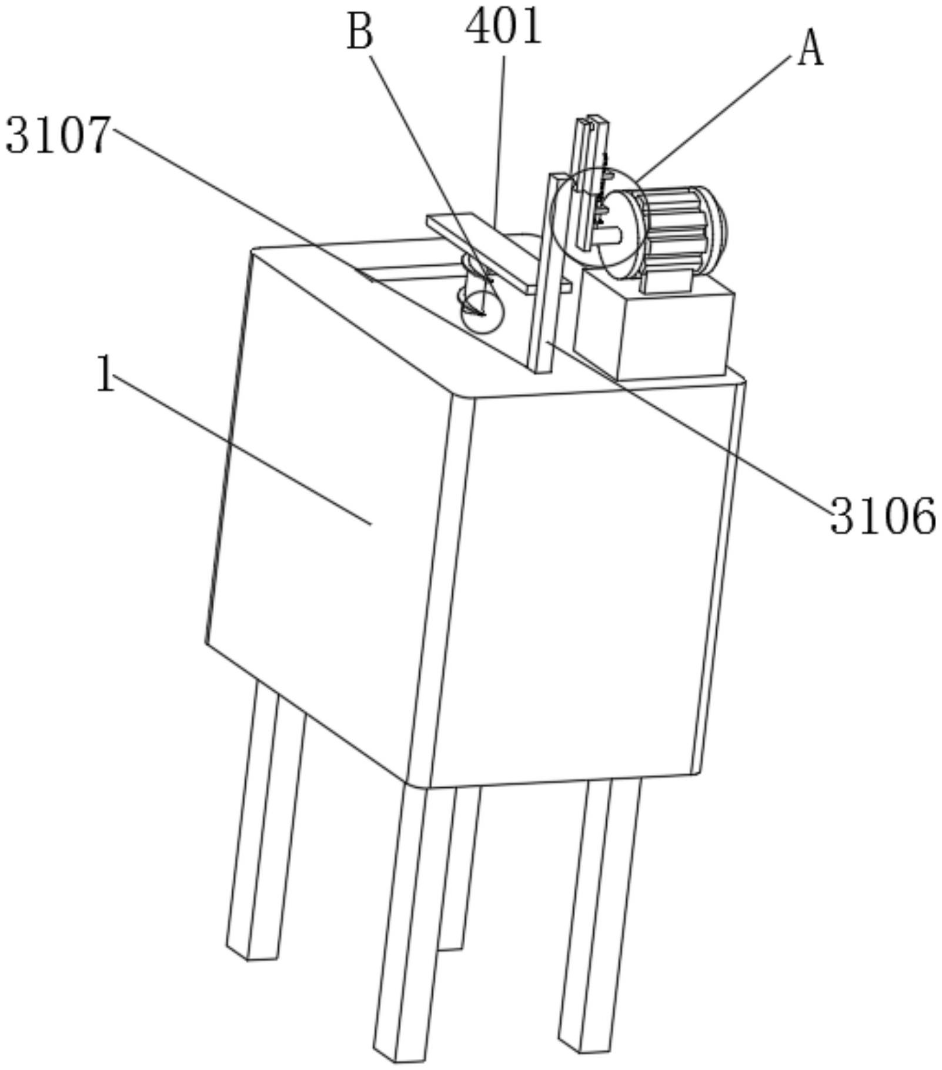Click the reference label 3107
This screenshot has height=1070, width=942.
[58, 135]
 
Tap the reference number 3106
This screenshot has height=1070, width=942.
[882, 516]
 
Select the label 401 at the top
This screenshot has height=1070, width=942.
[503, 26]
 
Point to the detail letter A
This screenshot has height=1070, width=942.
[810, 50]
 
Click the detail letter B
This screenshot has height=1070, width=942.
[360, 32]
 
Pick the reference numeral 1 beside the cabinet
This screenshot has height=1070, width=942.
[105, 374]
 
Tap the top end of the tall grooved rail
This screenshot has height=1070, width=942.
[590, 121]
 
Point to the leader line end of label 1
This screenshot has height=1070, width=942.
[371, 523]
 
